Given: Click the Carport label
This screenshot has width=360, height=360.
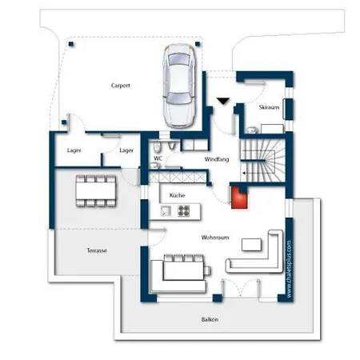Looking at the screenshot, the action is [121, 86].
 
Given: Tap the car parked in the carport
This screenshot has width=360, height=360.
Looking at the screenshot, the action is [179, 86].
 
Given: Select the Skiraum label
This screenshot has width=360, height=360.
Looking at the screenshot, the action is [269, 107].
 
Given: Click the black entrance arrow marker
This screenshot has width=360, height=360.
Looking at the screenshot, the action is [223, 102].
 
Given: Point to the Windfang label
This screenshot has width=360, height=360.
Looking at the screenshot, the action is [217, 159].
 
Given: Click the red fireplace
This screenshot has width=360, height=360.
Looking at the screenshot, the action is [239, 197].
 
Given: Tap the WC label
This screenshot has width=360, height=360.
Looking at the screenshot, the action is [158, 158].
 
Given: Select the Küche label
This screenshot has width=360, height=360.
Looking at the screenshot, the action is [177, 195].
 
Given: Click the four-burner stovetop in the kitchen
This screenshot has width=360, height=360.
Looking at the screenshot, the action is [184, 210].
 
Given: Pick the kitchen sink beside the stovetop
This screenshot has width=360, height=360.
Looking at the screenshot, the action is [166, 211].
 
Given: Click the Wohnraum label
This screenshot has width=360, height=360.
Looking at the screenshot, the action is [215, 238].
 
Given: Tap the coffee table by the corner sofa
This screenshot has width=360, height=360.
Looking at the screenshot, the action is [251, 245].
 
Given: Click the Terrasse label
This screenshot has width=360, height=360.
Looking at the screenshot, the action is [97, 250].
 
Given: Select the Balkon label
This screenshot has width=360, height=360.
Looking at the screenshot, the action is [210, 319].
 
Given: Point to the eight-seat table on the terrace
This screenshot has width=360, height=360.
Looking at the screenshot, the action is [96, 191].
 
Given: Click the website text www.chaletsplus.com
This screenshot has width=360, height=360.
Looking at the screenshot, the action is [289, 270].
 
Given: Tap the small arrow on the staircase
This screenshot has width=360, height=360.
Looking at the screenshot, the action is [244, 173].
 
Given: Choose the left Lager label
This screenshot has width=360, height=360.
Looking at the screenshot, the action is [74, 150].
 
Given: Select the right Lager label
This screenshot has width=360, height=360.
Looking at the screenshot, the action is [126, 150].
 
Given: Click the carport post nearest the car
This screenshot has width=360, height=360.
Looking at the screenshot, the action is [198, 44].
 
